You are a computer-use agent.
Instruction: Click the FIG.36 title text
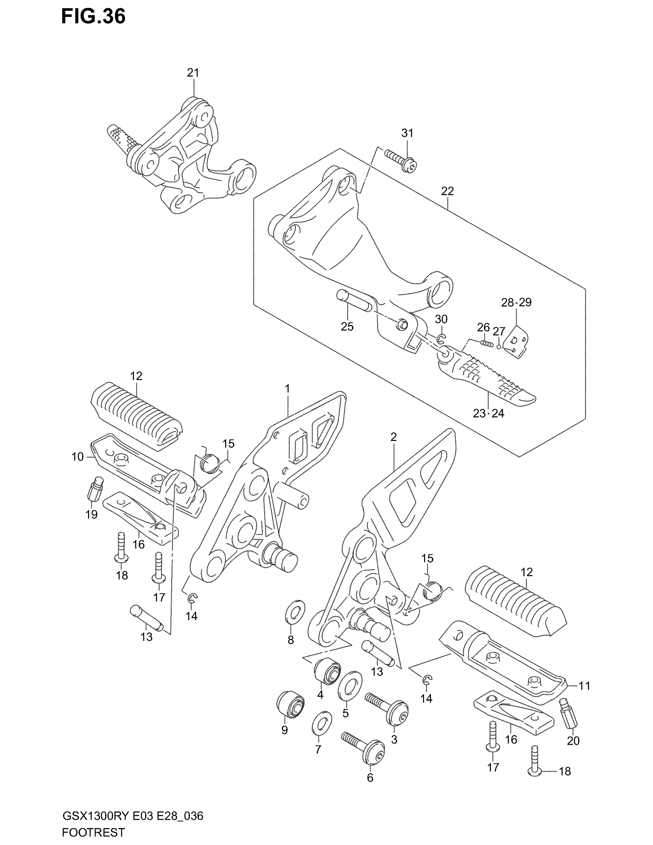pyautogui.click(x=93, y=17)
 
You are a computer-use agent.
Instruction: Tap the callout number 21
pyautogui.click(x=193, y=72)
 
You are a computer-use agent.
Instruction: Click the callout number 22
pyautogui.click(x=447, y=191)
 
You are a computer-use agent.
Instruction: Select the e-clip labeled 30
pyautogui.click(x=441, y=340)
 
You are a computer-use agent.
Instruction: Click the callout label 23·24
pyautogui.click(x=489, y=413)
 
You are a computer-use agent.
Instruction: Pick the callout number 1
pyautogui.click(x=287, y=388)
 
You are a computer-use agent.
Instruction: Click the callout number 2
pyautogui.click(x=393, y=437)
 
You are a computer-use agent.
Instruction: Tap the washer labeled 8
pyautogui.click(x=295, y=612)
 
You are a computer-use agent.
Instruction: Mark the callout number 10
pyautogui.click(x=77, y=457)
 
